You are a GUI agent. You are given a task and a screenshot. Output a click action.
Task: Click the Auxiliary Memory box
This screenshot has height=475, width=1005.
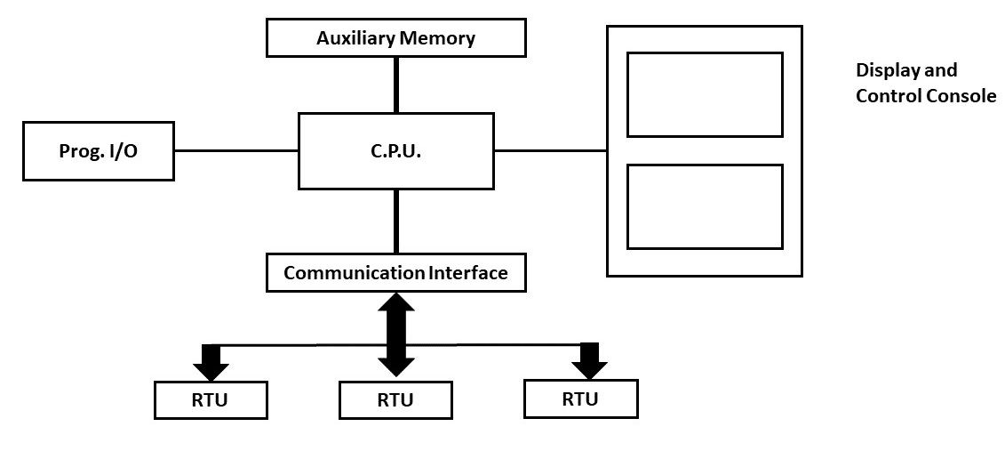click(395, 38)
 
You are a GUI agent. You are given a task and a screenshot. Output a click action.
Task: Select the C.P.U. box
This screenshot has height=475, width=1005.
click(395, 151)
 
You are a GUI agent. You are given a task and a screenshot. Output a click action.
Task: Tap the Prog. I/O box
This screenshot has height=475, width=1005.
click(98, 151)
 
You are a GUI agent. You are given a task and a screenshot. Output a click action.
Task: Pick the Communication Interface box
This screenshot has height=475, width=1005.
click(395, 272)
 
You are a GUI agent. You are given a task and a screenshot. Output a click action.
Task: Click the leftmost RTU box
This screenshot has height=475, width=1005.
click(211, 399)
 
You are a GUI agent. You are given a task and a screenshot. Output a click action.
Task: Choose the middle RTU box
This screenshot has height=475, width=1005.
click(395, 399)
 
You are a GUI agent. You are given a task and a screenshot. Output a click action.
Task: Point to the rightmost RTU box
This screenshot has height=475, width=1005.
click(580, 399)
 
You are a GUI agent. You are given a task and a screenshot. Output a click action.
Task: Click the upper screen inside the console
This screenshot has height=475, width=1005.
click(705, 94)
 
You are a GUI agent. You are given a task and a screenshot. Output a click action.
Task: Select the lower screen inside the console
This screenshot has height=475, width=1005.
click(705, 206)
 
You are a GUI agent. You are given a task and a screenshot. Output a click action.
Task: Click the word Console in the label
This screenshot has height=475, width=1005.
click(961, 96)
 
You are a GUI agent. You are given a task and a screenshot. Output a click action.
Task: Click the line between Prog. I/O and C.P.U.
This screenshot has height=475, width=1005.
click(235, 151)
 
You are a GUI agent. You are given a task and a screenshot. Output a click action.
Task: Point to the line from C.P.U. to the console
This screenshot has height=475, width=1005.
click(550, 151)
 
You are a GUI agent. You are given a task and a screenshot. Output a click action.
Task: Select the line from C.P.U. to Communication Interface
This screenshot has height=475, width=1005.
click(395, 221)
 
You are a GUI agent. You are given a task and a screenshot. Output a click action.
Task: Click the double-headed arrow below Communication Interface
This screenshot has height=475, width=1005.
click(395, 334)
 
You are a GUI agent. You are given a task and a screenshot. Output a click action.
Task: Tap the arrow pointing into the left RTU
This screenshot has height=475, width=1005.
click(211, 360)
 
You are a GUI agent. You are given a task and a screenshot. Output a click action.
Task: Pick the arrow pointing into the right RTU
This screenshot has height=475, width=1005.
click(588, 359)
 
